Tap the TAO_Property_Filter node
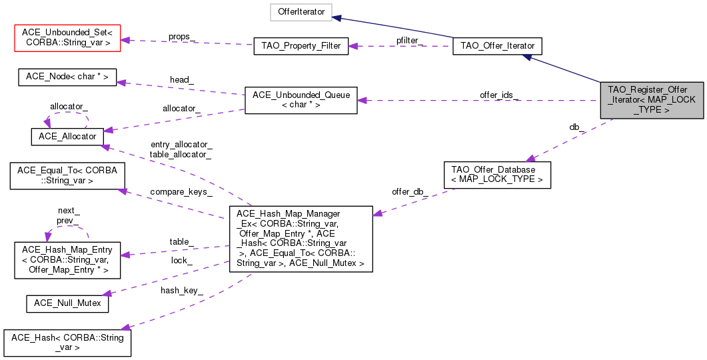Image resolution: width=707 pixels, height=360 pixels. (x=301, y=47)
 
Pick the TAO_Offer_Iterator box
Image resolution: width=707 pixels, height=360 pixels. (x=497, y=46)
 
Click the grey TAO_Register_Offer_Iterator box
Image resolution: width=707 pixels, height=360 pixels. (x=652, y=100)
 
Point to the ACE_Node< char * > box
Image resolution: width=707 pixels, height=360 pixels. (x=67, y=77)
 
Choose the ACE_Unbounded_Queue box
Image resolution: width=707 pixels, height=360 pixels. (x=301, y=100)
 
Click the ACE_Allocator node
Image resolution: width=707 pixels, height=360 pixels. (x=67, y=137)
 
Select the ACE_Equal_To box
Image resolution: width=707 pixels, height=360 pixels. (x=67, y=176)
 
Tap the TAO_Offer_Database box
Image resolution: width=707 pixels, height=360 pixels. (x=497, y=175)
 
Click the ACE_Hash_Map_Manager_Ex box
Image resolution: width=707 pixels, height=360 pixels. (x=301, y=239)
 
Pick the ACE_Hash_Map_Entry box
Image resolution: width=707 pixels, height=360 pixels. (x=67, y=260)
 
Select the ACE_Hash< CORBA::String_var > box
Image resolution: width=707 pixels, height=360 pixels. (x=67, y=343)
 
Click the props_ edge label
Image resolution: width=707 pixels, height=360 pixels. (x=182, y=37)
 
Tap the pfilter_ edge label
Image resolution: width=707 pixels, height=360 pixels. (x=409, y=41)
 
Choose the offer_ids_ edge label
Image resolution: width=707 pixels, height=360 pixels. (x=499, y=95)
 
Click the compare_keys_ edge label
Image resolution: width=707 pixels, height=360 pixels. (x=181, y=192)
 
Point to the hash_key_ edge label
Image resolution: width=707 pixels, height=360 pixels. (x=182, y=291)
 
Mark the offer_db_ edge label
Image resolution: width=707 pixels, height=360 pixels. (x=410, y=192)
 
